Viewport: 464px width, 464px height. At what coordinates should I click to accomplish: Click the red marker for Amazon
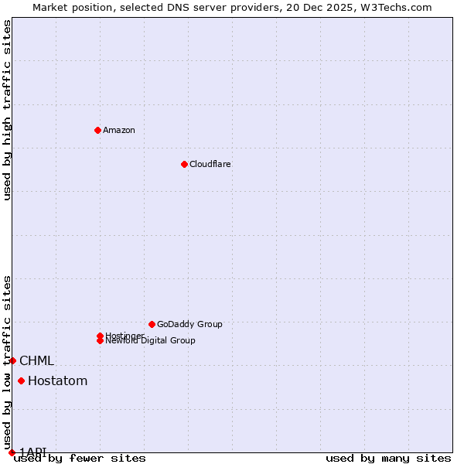[97, 130]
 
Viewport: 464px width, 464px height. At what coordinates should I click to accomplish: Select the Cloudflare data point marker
[184, 164]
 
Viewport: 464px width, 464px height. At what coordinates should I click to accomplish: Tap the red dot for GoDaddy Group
[152, 324]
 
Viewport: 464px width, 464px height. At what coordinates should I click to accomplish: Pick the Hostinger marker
[100, 336]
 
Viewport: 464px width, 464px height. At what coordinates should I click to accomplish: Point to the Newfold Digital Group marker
[100, 340]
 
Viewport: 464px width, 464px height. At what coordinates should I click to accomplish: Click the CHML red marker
[12, 360]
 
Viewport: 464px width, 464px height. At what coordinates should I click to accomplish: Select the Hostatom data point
[21, 380]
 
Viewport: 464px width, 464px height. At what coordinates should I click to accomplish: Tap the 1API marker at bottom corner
[12, 452]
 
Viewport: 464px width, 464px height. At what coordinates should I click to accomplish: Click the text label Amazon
[118, 130]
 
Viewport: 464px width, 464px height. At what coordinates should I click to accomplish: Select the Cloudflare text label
[210, 164]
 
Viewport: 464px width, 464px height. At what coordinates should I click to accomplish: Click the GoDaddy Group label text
[189, 324]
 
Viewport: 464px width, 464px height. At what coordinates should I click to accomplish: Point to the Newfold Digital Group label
[150, 340]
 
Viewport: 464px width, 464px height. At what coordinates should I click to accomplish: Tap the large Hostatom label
[57, 380]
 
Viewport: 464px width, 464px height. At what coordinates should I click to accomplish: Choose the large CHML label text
[36, 360]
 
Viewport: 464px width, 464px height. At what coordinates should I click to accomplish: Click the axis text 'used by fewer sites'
[80, 458]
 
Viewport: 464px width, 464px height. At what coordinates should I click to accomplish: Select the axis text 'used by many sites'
[388, 458]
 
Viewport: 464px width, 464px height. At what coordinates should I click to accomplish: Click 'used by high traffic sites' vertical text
[7, 110]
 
